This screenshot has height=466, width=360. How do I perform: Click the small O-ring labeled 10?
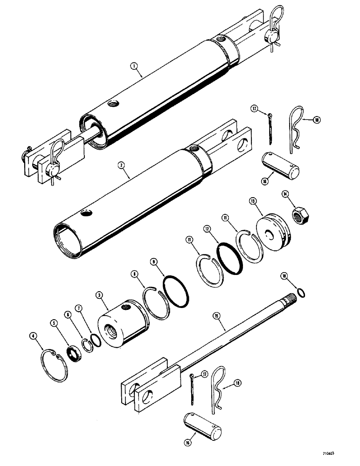pos(302,293)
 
